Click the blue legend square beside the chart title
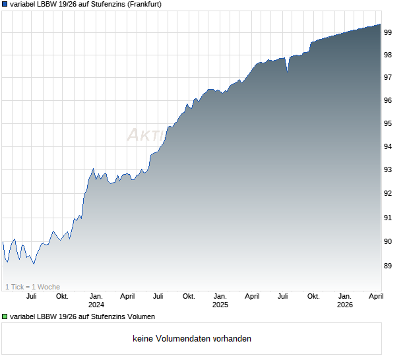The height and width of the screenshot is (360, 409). (5, 4)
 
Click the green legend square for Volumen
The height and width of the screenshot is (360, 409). (5, 317)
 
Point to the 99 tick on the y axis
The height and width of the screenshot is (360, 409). (389, 32)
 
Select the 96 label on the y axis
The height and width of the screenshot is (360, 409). (389, 100)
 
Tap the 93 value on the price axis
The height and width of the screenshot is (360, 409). (389, 169)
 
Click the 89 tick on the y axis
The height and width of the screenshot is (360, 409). (389, 266)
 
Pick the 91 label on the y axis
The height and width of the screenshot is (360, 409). (389, 218)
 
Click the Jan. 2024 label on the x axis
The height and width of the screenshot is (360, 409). (96, 300)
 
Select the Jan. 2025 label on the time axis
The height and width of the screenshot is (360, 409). (220, 300)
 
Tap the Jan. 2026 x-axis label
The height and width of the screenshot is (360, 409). (344, 300)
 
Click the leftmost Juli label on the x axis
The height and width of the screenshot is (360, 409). (31, 296)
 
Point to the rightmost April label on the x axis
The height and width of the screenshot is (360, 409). (375, 296)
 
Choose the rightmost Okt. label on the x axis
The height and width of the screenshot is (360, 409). (313, 296)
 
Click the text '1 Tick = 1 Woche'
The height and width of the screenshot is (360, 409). (32, 287)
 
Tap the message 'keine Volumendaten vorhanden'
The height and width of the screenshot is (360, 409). (192, 339)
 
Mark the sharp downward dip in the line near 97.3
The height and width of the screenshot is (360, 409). (287, 71)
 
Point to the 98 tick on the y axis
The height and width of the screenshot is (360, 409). (389, 55)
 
